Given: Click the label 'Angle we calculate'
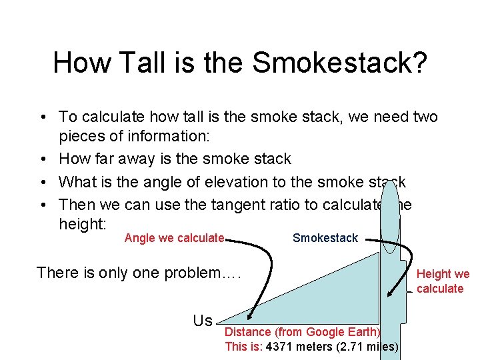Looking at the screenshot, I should tap(174, 238).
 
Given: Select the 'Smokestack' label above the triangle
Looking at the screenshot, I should tap(325, 238).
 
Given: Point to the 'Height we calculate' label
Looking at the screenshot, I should tap(442, 281).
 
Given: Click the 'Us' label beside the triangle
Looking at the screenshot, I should tap(203, 321).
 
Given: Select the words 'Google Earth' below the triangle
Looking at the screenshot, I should tap(346, 332).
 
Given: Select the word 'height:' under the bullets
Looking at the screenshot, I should tap(82, 225).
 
